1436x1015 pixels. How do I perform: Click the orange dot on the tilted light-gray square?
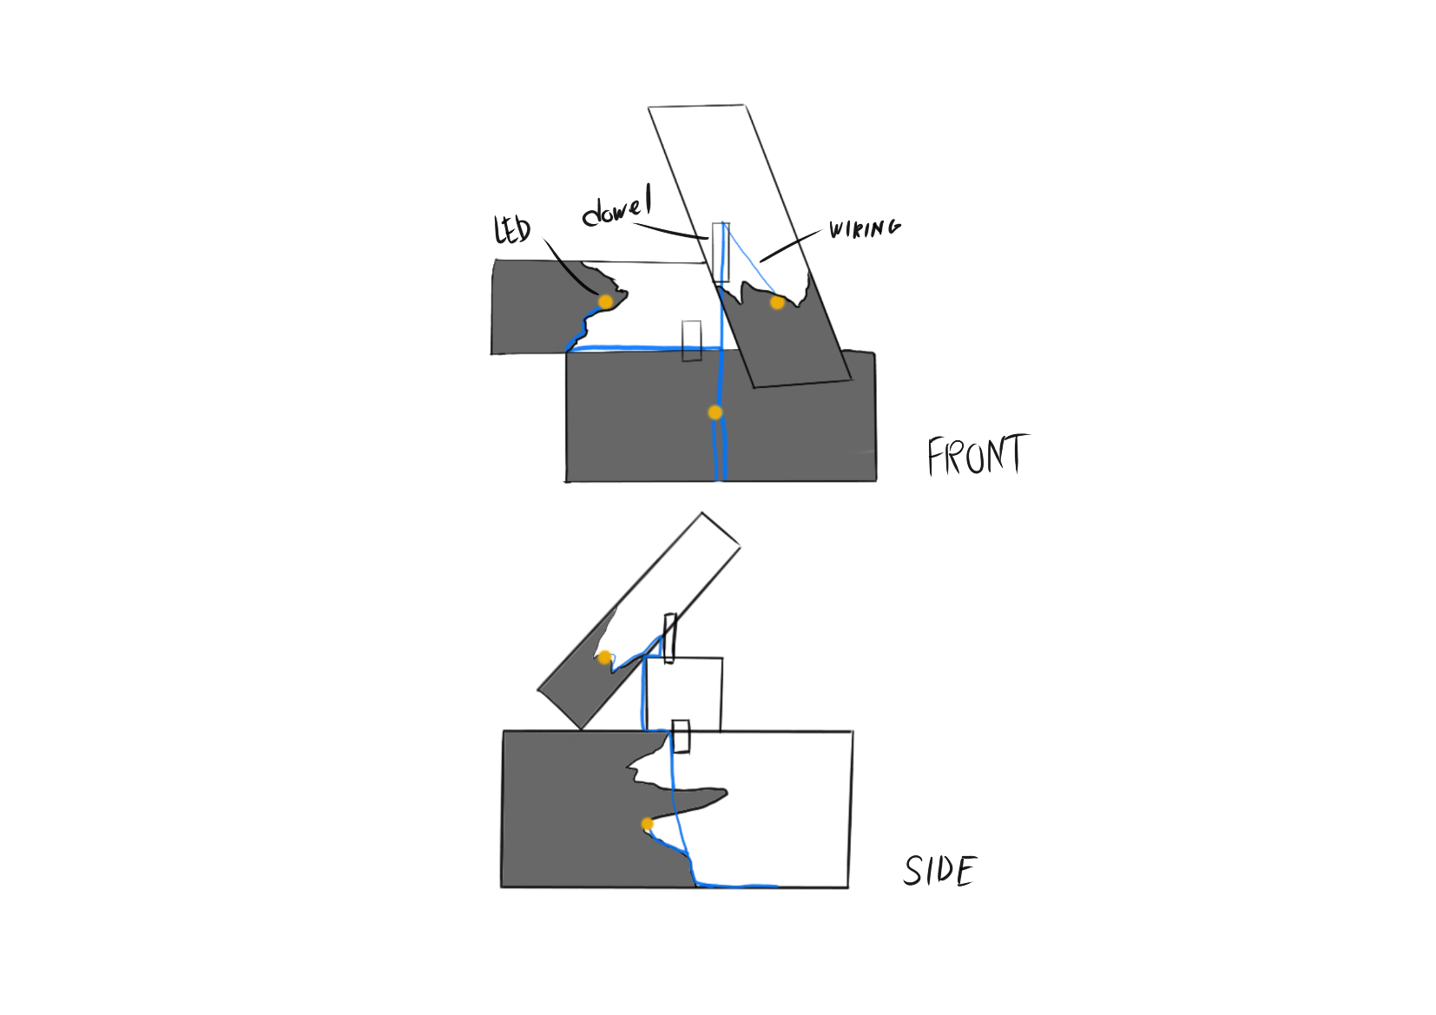coord(604,656)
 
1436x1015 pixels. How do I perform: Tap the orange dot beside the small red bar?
coord(648,824)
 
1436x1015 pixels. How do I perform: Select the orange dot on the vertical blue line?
coord(715,412)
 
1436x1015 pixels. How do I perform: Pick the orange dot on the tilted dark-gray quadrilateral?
coord(777,302)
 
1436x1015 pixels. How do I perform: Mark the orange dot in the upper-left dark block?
coord(605,301)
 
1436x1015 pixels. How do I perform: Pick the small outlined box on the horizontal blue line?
coord(691,334)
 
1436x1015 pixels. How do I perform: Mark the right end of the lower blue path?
coord(775,886)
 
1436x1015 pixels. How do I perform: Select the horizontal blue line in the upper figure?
coord(642,347)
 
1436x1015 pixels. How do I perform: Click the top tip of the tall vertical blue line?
coord(721,224)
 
